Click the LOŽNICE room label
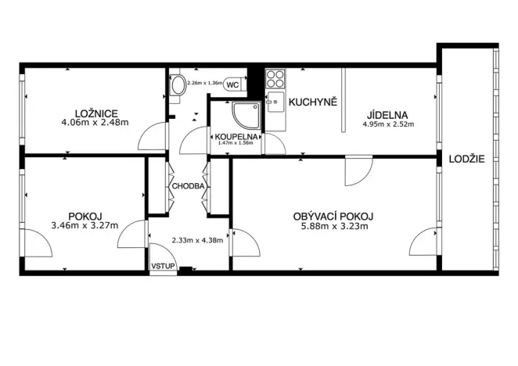click(x=93, y=112)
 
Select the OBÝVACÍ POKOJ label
click(x=333, y=216)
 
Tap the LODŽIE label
click(x=466, y=159)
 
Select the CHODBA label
click(x=188, y=187)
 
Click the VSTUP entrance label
click(x=162, y=267)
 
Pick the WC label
click(x=233, y=83)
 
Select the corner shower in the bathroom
click(x=246, y=114)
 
